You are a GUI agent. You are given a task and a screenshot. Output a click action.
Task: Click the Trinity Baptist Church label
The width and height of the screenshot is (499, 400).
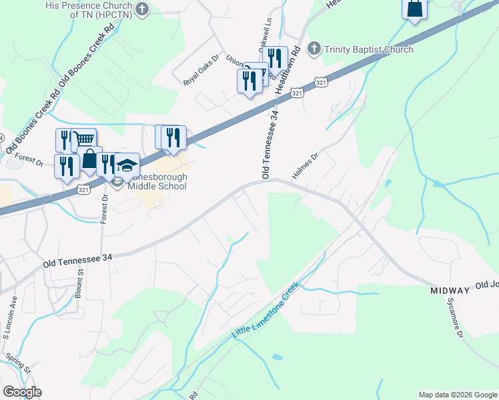[368, 49]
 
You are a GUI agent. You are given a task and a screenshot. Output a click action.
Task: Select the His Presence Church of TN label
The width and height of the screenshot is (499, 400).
[87, 9]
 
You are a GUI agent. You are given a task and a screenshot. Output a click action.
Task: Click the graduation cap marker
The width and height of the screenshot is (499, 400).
[127, 165]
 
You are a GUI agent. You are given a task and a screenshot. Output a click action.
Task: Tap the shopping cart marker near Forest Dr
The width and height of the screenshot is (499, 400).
[84, 139]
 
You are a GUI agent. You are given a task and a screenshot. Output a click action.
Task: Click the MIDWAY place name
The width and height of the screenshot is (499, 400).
[450, 291]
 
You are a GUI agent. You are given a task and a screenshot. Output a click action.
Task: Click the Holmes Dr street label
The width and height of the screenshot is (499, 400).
[306, 167]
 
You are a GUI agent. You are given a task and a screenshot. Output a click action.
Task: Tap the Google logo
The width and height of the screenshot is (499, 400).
[22, 392]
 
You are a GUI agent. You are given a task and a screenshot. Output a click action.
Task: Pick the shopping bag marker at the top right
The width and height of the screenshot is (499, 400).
[414, 9]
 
